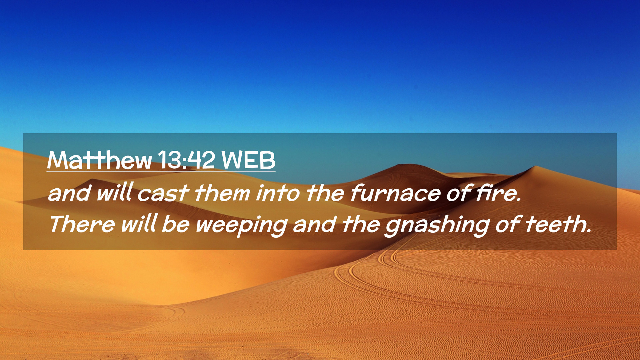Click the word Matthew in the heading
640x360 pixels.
coord(100,160)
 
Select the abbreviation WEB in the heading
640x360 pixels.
coord(249,160)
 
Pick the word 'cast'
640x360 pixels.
coord(163,193)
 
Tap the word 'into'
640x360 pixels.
coord(278,193)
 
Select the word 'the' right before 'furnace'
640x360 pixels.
coord(325,193)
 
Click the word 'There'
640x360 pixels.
coord(82,224)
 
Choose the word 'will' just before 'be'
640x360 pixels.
coord(139,223)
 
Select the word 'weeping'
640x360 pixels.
coord(241,225)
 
